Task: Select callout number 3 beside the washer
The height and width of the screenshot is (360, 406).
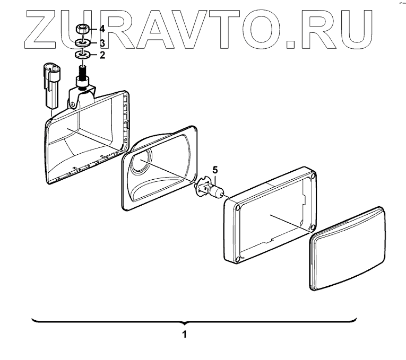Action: pos(102,42)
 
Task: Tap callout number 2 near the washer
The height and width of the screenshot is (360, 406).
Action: pos(102,54)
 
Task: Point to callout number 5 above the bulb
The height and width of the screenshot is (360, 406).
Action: pos(215,170)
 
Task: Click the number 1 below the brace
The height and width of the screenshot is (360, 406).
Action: pos(184,335)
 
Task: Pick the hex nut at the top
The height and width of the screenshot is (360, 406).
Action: pos(82,29)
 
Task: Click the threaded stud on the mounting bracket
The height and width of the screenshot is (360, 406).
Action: pos(82,70)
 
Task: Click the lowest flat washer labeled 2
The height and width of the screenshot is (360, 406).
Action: pos(82,55)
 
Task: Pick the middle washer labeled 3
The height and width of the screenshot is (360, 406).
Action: pos(82,42)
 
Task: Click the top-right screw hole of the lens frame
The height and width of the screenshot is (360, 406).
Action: pos(313,175)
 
